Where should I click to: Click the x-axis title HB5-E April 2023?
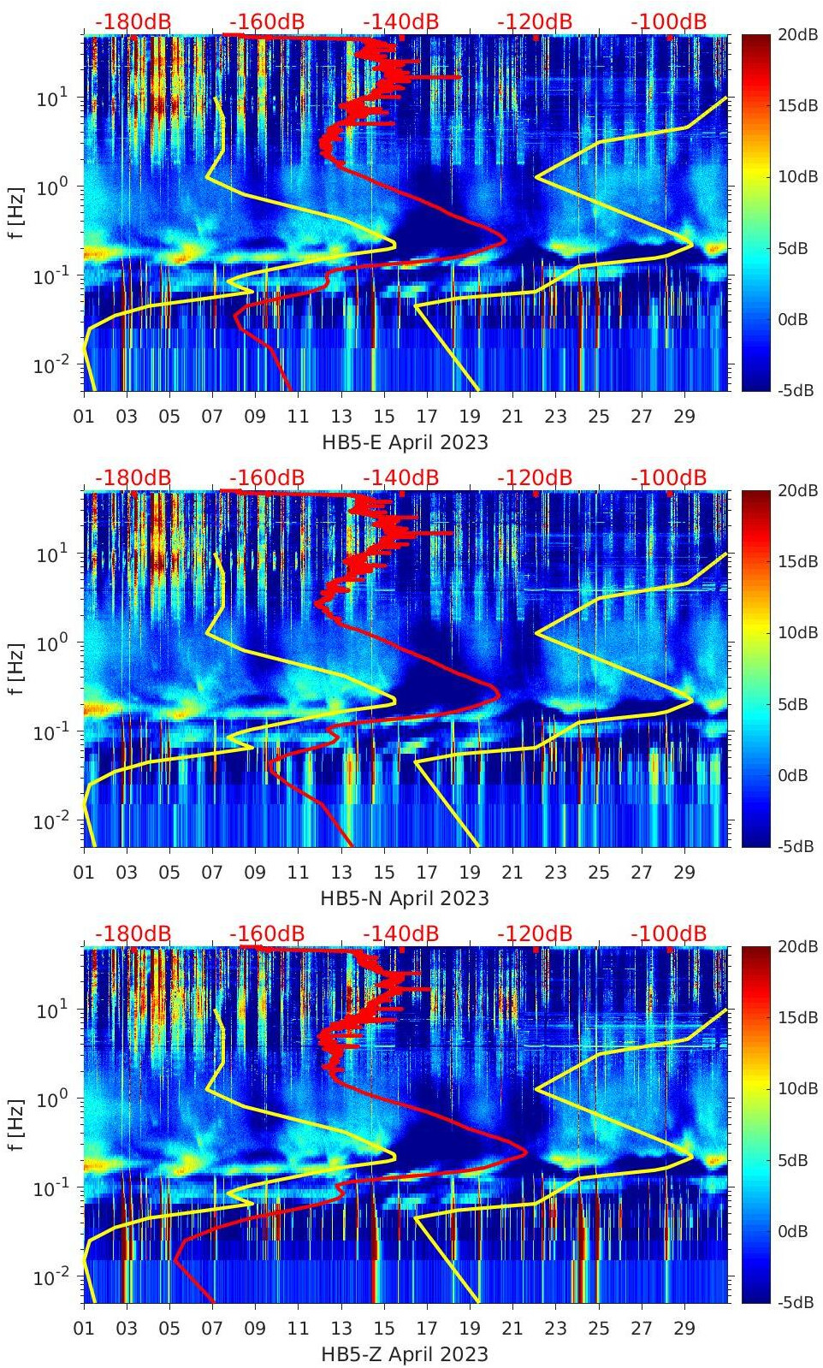pos(405,442)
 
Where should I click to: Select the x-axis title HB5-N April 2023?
pos(405,898)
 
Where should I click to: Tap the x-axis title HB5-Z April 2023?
pos(405,1354)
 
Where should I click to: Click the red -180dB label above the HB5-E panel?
pos(133,21)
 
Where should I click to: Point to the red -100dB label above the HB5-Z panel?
pos(669,933)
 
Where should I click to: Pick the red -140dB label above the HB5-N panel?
pos(400,477)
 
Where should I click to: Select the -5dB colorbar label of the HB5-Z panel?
pos(796,1302)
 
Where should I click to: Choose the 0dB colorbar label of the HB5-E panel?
pos(792,319)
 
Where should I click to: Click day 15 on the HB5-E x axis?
pos(384,417)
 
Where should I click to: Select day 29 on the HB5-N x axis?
pos(684,873)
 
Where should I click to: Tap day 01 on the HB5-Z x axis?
pos(84,1329)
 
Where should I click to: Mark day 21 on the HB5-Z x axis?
pos(512,1329)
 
